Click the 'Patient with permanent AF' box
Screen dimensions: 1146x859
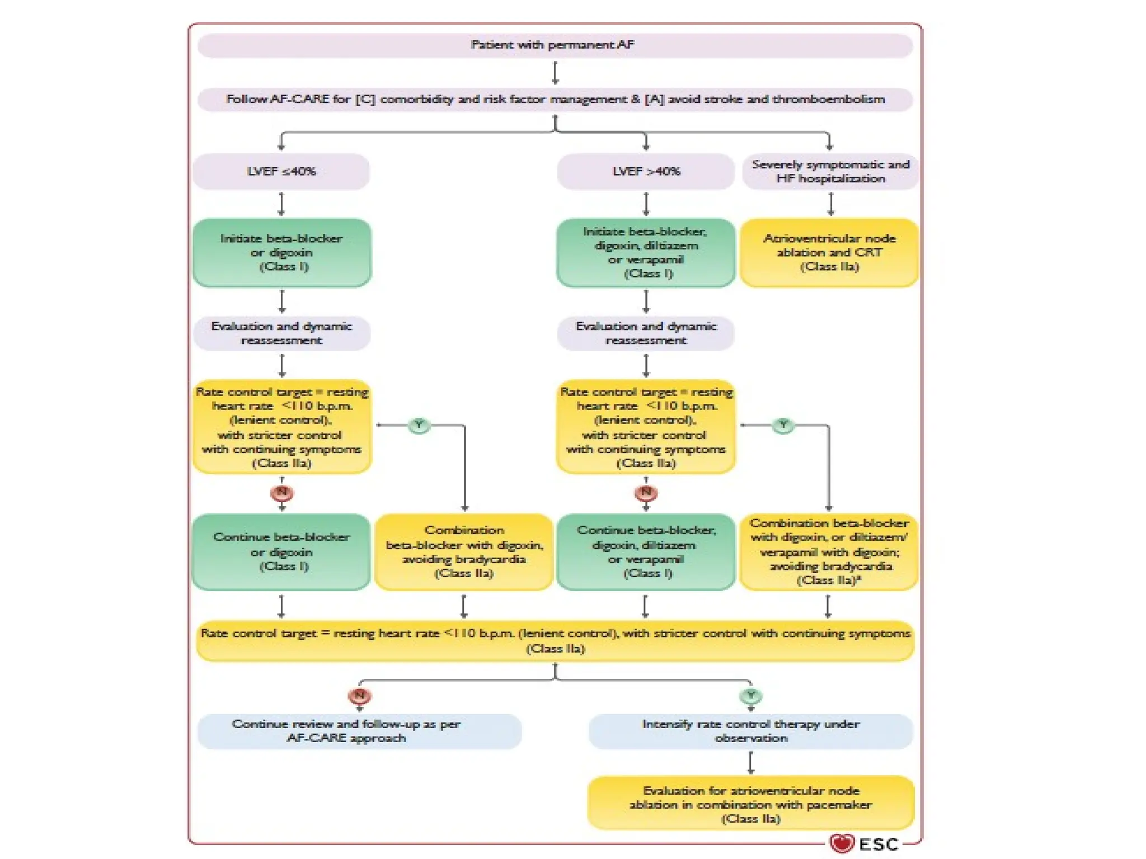tap(555, 45)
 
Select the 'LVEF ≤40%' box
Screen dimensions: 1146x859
tap(281, 171)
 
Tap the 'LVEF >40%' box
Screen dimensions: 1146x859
tap(646, 171)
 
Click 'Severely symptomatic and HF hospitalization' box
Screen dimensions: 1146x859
tap(830, 171)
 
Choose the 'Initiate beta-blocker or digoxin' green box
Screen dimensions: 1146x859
tap(281, 253)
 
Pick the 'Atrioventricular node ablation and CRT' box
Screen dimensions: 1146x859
tap(829, 253)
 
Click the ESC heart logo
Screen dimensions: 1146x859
tap(842, 843)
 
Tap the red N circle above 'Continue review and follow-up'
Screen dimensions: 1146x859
tap(359, 696)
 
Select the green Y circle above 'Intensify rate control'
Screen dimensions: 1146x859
tap(750, 696)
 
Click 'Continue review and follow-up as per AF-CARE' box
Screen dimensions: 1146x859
tap(359, 731)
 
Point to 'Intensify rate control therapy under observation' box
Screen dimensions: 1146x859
tap(750, 731)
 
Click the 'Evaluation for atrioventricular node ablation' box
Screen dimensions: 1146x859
tap(750, 804)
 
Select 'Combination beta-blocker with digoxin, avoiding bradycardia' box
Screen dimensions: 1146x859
tap(464, 552)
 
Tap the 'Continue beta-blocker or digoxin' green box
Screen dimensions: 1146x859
tap(281, 552)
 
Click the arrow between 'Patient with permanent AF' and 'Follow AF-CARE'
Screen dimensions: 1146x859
tap(555, 73)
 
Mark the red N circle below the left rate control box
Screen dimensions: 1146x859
tap(282, 493)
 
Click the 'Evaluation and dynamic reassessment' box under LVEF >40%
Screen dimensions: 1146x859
tap(646, 333)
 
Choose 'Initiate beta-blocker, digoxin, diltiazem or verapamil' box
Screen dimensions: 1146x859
tap(646, 253)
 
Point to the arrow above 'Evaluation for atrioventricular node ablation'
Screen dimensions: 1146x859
tap(750, 763)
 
